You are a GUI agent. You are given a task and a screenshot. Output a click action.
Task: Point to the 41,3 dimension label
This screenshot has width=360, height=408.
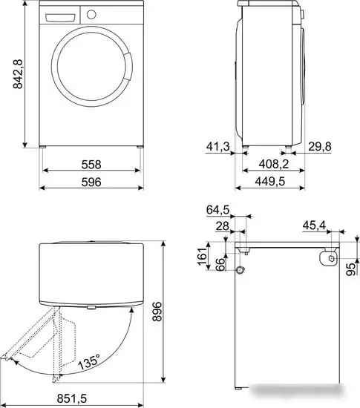tap(217, 147)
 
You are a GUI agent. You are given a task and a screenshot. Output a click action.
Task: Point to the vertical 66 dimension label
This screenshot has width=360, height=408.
tap(220, 263)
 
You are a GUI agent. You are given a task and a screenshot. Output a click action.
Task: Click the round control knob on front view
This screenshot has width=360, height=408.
tap(91, 14)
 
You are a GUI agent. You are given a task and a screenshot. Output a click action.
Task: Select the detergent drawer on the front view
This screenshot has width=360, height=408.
tap(60, 15)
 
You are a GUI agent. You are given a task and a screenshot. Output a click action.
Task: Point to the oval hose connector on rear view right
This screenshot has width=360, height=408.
tap(327, 257)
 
